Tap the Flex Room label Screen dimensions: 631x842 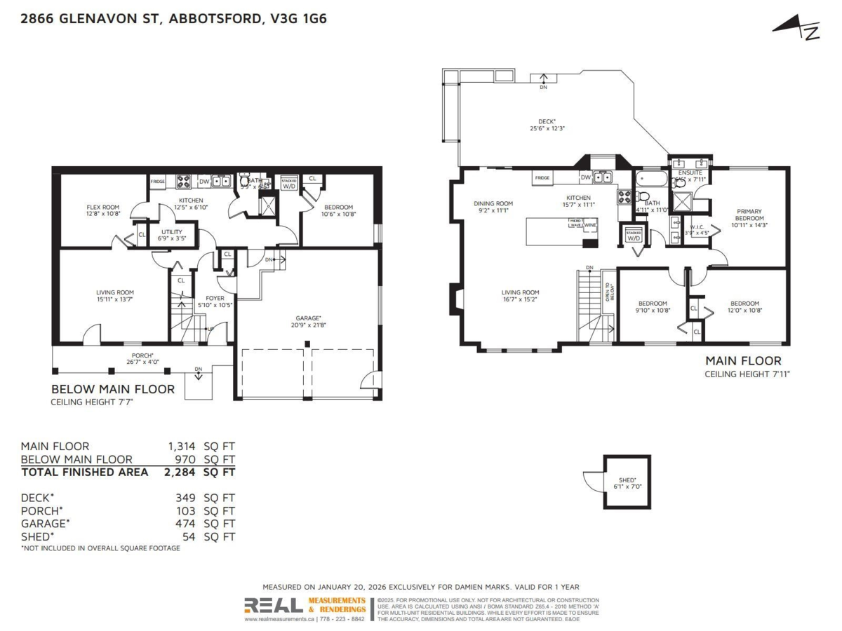[103, 210]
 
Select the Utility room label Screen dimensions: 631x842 [172, 235]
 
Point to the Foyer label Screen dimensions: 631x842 [215, 301]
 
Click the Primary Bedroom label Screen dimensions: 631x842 [749, 217]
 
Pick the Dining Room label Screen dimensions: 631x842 [493, 207]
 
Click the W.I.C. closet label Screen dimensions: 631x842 [697, 229]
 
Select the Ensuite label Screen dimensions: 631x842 [690, 175]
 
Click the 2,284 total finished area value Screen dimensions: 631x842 [181, 473]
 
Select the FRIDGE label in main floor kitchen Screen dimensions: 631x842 [542, 178]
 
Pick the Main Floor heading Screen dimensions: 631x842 [743, 361]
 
